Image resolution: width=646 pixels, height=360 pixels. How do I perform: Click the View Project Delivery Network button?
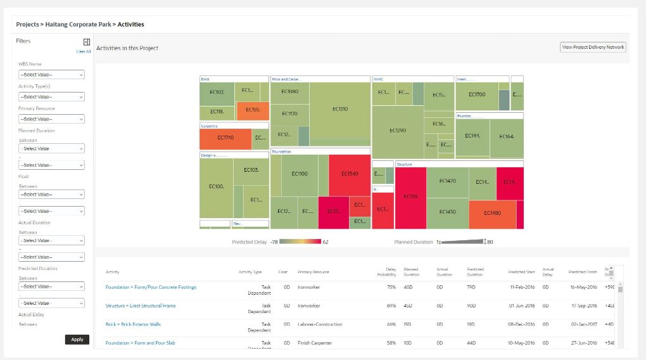point(593,47)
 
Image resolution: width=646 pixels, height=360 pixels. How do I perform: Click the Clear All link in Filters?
point(84,51)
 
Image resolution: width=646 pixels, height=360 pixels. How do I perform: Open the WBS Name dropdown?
point(51,75)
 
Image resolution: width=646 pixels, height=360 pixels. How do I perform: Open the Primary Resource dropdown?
point(51,119)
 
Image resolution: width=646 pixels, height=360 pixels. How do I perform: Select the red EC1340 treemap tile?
point(349,174)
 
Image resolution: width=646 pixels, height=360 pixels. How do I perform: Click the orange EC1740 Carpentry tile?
point(225,138)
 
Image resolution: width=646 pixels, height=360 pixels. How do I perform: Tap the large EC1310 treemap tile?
point(340,109)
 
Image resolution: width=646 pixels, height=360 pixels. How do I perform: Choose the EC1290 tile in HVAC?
point(398,131)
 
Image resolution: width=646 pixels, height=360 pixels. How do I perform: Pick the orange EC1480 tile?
point(492,214)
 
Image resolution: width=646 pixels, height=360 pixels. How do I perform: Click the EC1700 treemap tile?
point(476,94)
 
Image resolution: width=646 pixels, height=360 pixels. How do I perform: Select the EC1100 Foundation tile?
point(299,174)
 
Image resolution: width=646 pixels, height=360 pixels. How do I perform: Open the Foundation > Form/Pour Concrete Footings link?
point(151,287)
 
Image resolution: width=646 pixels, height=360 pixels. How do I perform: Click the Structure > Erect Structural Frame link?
point(141,305)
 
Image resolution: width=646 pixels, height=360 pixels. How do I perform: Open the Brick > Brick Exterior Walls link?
point(133,324)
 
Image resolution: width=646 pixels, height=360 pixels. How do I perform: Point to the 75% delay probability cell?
point(391,287)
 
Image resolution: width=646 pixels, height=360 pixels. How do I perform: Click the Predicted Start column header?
point(521,272)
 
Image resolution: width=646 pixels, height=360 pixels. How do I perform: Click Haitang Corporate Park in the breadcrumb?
point(79,25)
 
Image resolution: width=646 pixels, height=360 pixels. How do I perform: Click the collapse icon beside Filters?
point(87,42)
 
